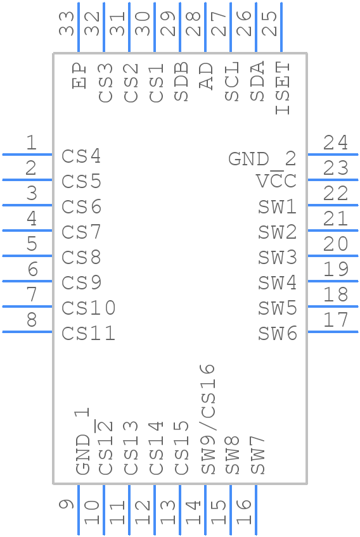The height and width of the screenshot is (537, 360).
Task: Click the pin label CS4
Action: (x=81, y=156)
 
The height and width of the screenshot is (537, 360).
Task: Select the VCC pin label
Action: (x=276, y=182)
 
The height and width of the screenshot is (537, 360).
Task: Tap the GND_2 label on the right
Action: (x=262, y=159)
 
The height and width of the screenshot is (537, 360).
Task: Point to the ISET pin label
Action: (x=283, y=88)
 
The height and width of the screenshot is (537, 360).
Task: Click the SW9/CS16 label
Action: (x=208, y=419)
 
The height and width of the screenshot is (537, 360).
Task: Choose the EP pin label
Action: (x=80, y=75)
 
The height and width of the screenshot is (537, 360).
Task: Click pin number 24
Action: (x=335, y=143)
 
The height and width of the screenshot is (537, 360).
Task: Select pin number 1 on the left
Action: (x=31, y=143)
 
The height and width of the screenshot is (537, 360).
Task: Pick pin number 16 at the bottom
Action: (x=245, y=511)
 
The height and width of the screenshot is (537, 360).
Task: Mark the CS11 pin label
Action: (x=88, y=334)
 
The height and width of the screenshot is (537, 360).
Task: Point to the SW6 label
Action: (x=277, y=334)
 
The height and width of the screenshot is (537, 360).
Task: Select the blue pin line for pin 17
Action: (x=332, y=331)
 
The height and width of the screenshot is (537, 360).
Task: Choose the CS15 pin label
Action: (x=182, y=448)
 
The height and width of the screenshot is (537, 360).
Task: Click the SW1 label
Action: (x=277, y=207)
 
